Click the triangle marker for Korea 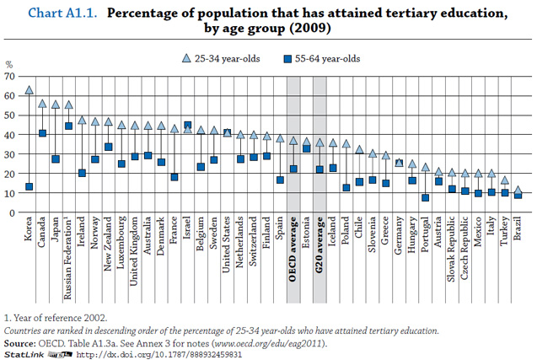click(x=30, y=89)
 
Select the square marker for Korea click(x=30, y=186)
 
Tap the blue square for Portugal click(x=426, y=197)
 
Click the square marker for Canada click(x=43, y=132)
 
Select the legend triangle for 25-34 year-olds click(x=187, y=58)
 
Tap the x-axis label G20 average click(x=320, y=250)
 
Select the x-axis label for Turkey click(x=504, y=235)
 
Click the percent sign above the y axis click(x=10, y=64)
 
